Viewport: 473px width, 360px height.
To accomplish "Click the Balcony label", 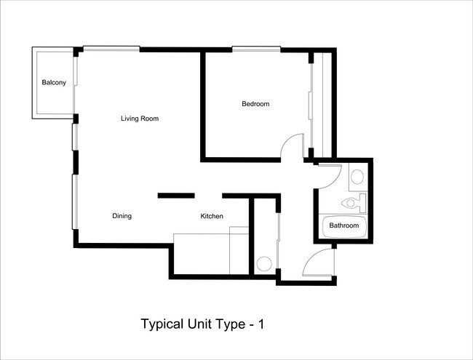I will tap(54, 83).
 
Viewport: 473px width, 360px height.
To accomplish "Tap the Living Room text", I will tap(140, 119).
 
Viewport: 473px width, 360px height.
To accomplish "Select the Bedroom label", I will tap(255, 104).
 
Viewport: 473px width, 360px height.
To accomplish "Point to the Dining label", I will tap(122, 216).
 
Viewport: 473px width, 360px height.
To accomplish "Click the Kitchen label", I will tap(212, 216).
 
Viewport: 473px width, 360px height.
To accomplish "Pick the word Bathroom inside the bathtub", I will tap(344, 225).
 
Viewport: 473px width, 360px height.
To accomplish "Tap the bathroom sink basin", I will tap(357, 177).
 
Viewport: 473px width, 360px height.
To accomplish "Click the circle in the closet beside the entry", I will tap(265, 263).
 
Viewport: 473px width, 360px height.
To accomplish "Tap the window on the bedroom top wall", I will tap(256, 49).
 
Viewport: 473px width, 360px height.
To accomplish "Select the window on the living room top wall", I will tap(111, 49).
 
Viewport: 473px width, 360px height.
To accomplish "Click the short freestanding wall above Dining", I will tap(176, 195).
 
